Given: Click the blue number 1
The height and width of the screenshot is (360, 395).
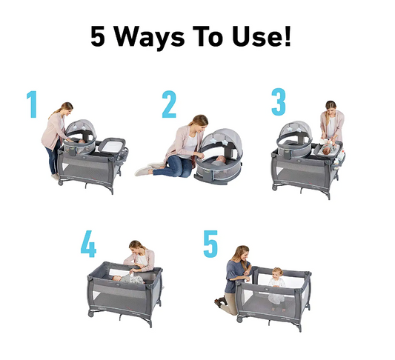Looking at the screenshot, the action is pyautogui.click(x=33, y=104).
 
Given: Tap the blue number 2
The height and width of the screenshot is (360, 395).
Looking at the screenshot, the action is pyautogui.click(x=169, y=104).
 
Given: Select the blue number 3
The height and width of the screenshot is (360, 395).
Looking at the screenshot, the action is pyautogui.click(x=279, y=101).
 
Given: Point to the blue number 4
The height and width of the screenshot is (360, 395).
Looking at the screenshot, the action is pyautogui.click(x=88, y=244).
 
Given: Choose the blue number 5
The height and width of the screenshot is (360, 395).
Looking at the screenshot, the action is pyautogui.click(x=210, y=244).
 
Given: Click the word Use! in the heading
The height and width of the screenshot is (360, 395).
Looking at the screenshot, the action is pyautogui.click(x=262, y=36).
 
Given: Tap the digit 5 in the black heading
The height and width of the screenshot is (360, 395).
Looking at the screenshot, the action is pyautogui.click(x=98, y=36).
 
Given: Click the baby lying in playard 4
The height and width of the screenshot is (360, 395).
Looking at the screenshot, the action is pyautogui.click(x=128, y=279).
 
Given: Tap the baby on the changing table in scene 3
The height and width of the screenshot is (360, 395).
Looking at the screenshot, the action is pyautogui.click(x=330, y=149).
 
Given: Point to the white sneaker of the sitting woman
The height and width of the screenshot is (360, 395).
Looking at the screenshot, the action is pyautogui.click(x=144, y=172).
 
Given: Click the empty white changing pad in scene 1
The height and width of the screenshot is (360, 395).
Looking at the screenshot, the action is pyautogui.click(x=111, y=145).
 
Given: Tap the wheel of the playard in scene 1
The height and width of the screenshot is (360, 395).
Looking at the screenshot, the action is pyautogui.click(x=61, y=183).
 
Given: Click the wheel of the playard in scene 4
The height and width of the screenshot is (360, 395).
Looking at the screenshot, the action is pyautogui.click(x=91, y=314).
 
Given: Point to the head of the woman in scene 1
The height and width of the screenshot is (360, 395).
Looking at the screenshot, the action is pyautogui.click(x=67, y=108).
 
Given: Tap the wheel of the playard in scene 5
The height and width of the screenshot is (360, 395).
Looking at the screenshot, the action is pyautogui.click(x=239, y=319).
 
